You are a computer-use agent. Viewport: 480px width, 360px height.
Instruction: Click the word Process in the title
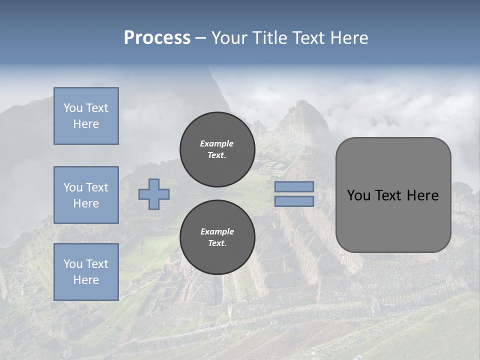(x=157, y=38)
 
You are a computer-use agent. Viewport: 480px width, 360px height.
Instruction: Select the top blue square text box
(x=86, y=116)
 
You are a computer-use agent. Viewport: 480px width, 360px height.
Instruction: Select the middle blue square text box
(x=86, y=195)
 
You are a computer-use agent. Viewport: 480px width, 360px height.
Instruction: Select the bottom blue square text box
(x=86, y=272)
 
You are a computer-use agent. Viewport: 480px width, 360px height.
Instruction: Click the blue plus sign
(x=154, y=194)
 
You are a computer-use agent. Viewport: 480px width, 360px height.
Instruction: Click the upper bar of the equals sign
(x=294, y=186)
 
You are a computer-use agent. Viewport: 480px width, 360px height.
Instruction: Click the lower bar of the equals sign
(x=294, y=201)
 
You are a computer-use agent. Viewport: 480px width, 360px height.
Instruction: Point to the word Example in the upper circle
(x=216, y=143)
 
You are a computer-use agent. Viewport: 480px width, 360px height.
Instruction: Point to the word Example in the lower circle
(x=217, y=231)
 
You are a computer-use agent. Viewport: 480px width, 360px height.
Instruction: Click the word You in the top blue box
(x=73, y=108)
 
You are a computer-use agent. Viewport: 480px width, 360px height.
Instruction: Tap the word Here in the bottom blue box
(x=86, y=280)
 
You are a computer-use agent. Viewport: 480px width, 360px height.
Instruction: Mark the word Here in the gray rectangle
(x=422, y=195)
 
